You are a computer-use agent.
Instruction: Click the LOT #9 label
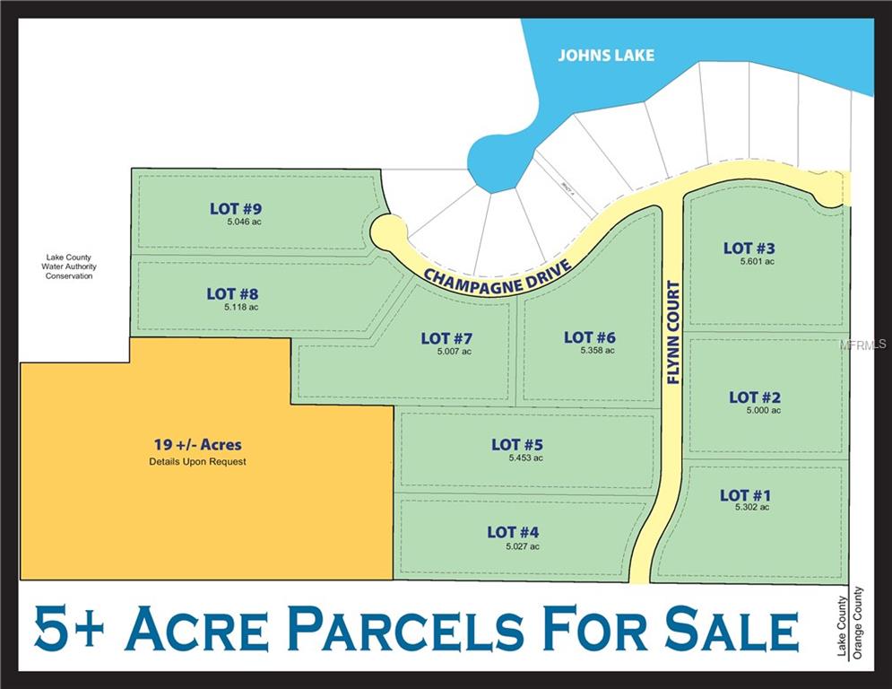pyautogui.click(x=236, y=209)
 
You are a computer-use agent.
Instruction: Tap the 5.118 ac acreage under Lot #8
pyautogui.click(x=241, y=307)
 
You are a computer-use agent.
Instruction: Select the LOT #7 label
pyautogui.click(x=446, y=338)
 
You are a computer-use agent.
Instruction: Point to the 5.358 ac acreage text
pyautogui.click(x=597, y=351)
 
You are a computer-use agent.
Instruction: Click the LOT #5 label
pyautogui.click(x=517, y=444)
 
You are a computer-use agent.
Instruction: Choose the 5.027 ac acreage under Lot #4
pyautogui.click(x=523, y=546)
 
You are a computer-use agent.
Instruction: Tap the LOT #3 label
pyautogui.click(x=749, y=248)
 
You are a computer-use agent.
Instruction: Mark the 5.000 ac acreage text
pyautogui.click(x=764, y=410)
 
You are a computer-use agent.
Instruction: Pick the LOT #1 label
pyautogui.click(x=745, y=495)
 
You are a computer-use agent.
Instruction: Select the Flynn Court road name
pyautogui.click(x=674, y=333)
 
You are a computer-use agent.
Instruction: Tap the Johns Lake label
pyautogui.click(x=606, y=56)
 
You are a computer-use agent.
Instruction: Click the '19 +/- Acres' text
pyautogui.click(x=197, y=444)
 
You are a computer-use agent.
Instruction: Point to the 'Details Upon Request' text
pyautogui.click(x=197, y=462)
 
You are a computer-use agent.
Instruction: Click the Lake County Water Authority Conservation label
pyautogui.click(x=69, y=266)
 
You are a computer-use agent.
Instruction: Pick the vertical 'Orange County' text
pyautogui.click(x=859, y=623)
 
